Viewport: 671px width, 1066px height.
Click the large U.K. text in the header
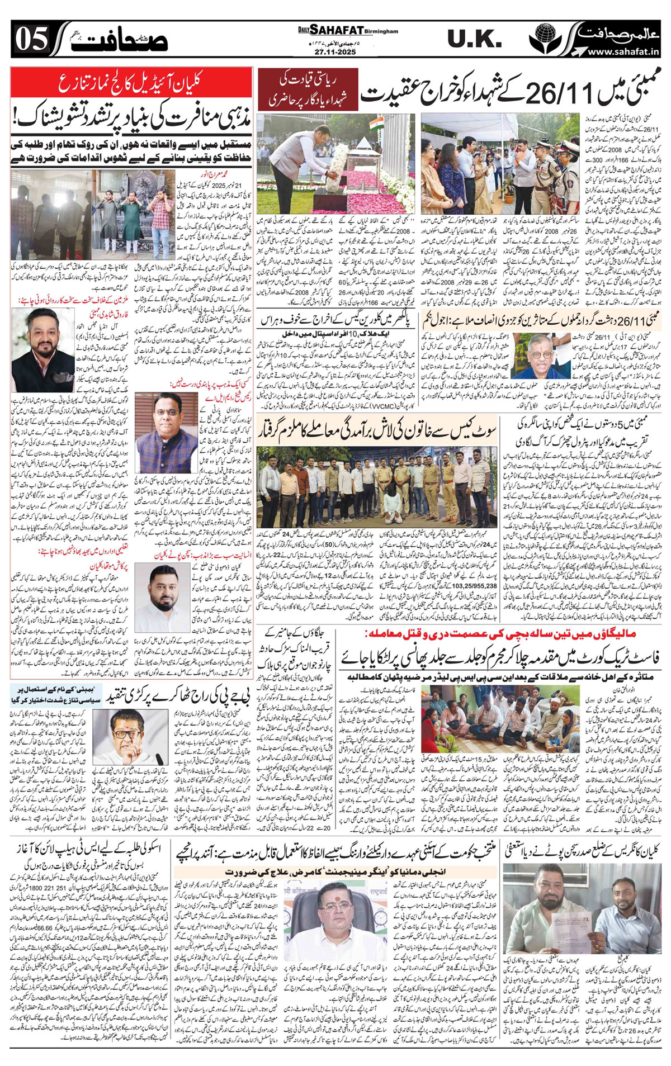[x=474, y=40]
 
